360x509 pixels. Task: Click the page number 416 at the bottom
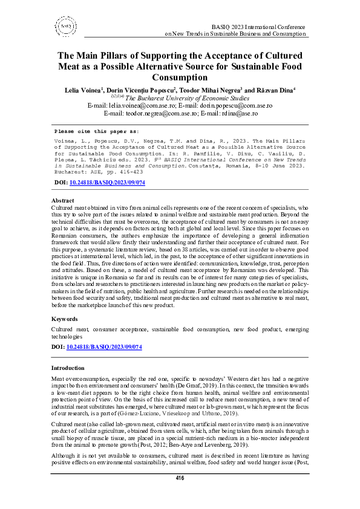coord(180,495)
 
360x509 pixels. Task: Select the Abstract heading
coord(63,200)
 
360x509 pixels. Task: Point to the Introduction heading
coord(68,368)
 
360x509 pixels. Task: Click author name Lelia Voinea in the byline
coord(84,89)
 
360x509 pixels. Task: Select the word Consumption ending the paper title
coord(180,77)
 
